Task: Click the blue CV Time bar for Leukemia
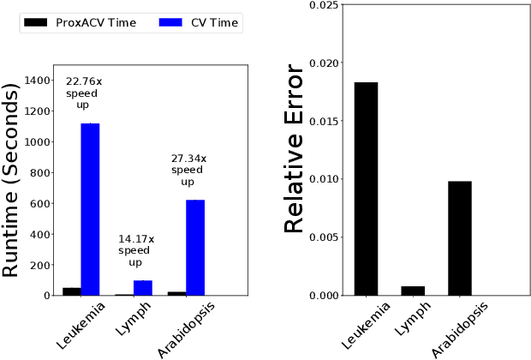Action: click(90, 210)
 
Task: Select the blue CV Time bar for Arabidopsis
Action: click(195, 248)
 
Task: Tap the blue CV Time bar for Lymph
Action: click(143, 288)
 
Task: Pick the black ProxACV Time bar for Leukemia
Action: click(72, 291)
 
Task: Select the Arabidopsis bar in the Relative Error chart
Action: click(459, 238)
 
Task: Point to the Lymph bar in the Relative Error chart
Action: click(413, 291)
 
